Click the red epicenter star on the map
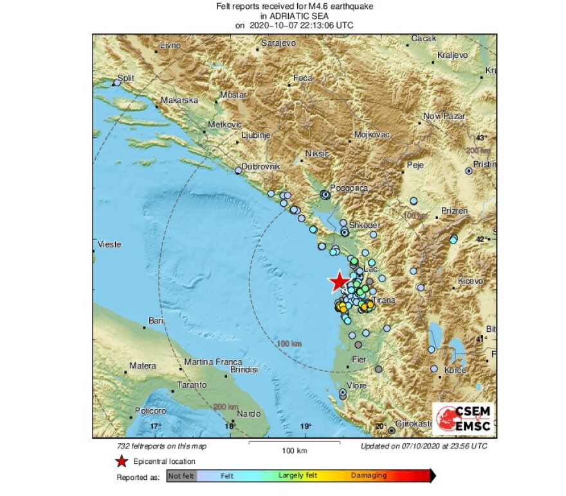click(x=338, y=281)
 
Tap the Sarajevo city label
click(x=278, y=43)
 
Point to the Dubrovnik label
click(x=262, y=166)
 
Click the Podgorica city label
click(x=349, y=187)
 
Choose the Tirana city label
click(x=383, y=301)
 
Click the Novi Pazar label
click(x=444, y=116)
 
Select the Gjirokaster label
click(x=414, y=424)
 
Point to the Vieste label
click(x=109, y=244)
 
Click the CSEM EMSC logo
click(x=462, y=419)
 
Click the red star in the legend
click(x=121, y=461)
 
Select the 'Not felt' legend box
click(x=181, y=476)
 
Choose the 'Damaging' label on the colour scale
click(x=369, y=476)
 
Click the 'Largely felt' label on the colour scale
click(x=297, y=476)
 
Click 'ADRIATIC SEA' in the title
click(x=295, y=16)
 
